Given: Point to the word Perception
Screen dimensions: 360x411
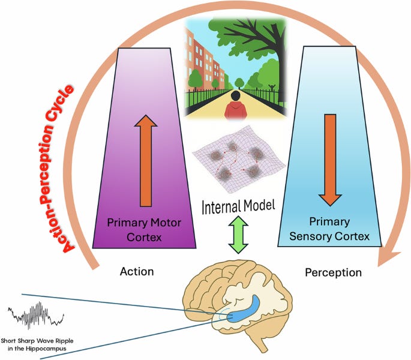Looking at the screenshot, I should coord(333,272).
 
